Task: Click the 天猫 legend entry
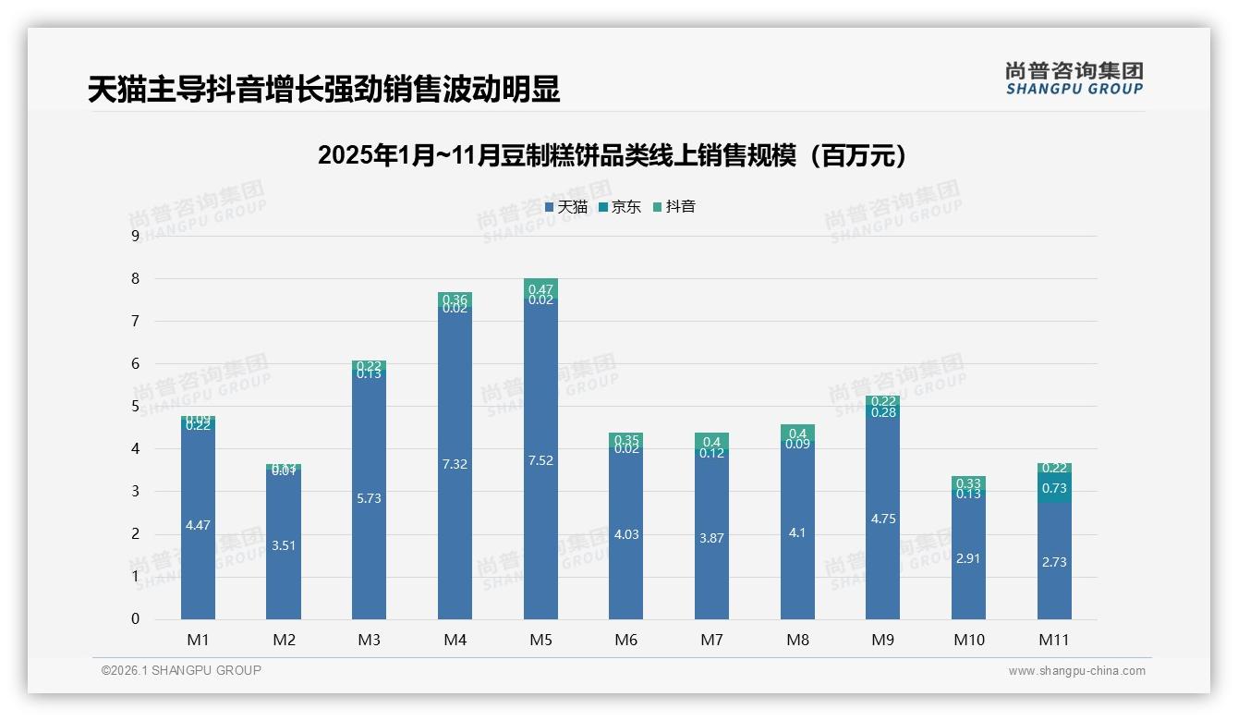coord(565,207)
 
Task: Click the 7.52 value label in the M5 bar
coord(540,460)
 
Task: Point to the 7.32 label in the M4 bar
coord(455,464)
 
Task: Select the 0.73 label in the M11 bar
coord(1054,488)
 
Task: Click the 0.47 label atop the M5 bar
coord(540,289)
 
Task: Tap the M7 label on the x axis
coord(711,639)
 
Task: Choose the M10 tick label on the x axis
coord(968,639)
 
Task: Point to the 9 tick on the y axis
coord(135,236)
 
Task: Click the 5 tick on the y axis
coord(135,407)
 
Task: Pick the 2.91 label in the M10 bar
coord(968,558)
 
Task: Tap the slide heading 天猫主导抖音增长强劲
coord(324,90)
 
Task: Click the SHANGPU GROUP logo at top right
coord(1074,79)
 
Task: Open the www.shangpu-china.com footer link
coord(1076,671)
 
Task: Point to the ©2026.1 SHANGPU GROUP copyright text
coord(181,670)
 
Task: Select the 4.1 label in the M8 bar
coord(797,532)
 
